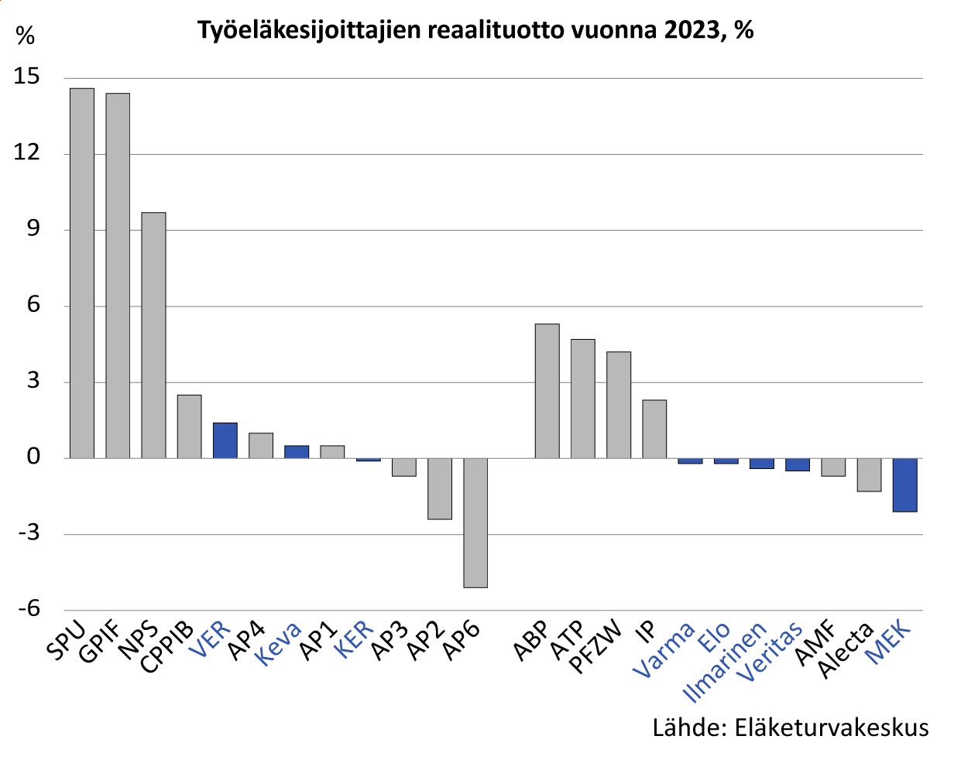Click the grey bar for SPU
tap(82, 272)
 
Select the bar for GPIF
tap(118, 276)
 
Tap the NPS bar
tap(153, 335)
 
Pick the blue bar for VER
tap(225, 440)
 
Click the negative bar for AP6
tap(475, 522)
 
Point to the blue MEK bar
tap(904, 484)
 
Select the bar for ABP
tap(547, 391)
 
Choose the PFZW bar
tap(619, 405)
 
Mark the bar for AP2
tap(440, 488)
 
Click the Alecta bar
tap(869, 474)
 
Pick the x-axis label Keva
tap(280, 644)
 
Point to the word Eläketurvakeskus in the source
tap(831, 727)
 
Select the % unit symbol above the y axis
tap(26, 36)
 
